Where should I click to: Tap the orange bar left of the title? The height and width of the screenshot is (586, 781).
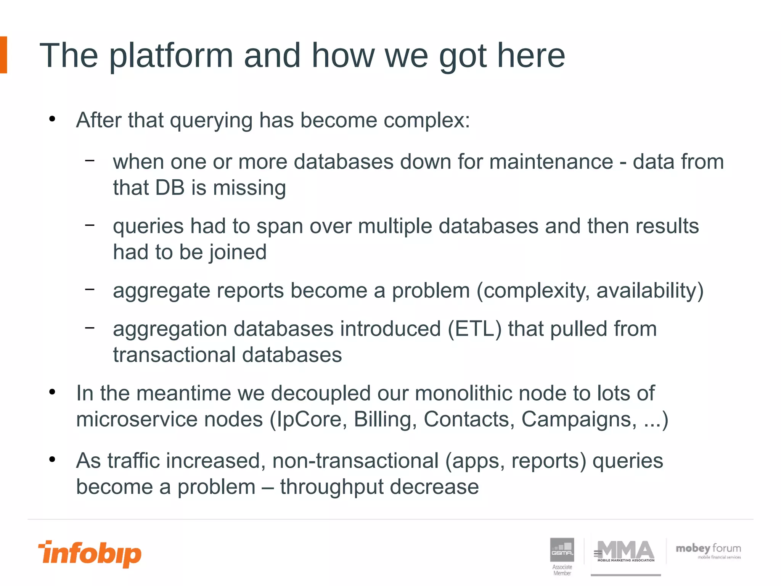(3, 55)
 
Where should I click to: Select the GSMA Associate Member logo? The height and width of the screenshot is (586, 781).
(562, 556)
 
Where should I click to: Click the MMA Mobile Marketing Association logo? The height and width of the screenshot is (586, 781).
(625, 552)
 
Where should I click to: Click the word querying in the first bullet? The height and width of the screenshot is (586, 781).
(211, 121)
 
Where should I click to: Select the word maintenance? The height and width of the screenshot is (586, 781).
(551, 162)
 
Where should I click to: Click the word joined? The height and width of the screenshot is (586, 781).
(238, 253)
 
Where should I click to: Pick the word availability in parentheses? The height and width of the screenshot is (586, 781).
(649, 291)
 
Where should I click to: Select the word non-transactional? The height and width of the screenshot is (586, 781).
(355, 461)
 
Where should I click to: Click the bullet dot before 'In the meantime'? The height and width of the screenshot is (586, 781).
(52, 392)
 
